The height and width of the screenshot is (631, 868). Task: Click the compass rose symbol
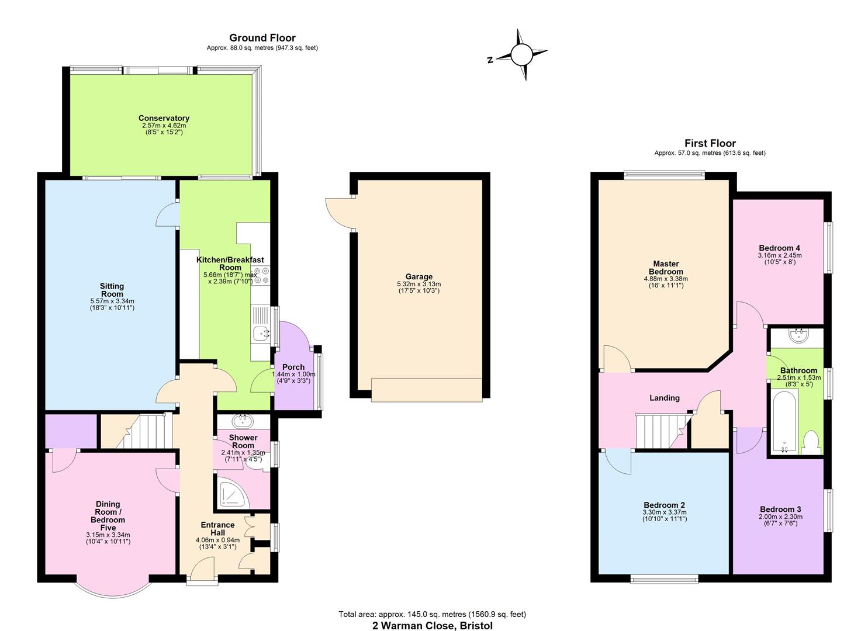(521, 56)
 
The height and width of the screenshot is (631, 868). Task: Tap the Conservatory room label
(164, 119)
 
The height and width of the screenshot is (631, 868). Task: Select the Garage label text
(419, 277)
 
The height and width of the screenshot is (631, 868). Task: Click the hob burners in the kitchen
(261, 275)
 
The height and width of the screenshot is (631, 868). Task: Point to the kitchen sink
(260, 334)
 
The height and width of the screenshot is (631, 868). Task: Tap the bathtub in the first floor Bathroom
(784, 422)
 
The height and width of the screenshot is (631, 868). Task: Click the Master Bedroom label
(666, 268)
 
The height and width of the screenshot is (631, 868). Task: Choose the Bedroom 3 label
(780, 509)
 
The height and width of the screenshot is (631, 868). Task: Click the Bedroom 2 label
(664, 505)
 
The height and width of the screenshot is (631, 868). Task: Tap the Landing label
(665, 398)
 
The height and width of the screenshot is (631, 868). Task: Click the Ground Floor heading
(262, 38)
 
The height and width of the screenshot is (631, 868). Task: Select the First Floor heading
(710, 143)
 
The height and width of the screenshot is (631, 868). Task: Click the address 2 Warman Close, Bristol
(433, 626)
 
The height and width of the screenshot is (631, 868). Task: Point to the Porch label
(293, 367)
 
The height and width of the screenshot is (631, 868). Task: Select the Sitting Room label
(112, 290)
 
